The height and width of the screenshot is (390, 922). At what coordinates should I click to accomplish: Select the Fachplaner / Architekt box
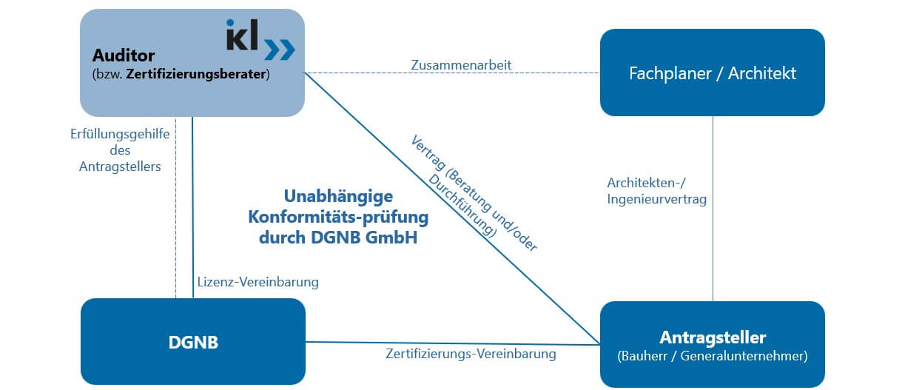[712, 73]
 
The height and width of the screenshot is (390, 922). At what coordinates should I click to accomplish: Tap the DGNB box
[192, 342]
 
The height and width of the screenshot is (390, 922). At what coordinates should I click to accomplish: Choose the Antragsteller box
[712, 344]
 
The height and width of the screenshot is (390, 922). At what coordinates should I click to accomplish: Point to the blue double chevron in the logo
[280, 49]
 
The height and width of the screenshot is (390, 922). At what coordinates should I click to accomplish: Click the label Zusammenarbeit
[461, 65]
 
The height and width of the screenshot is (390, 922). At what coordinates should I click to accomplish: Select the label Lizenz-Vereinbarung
[258, 282]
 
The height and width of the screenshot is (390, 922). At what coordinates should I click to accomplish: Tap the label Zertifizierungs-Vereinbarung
[471, 354]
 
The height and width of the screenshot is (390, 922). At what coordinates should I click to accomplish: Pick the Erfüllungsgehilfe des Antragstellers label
[120, 151]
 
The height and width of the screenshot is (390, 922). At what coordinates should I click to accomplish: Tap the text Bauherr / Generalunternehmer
[712, 356]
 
